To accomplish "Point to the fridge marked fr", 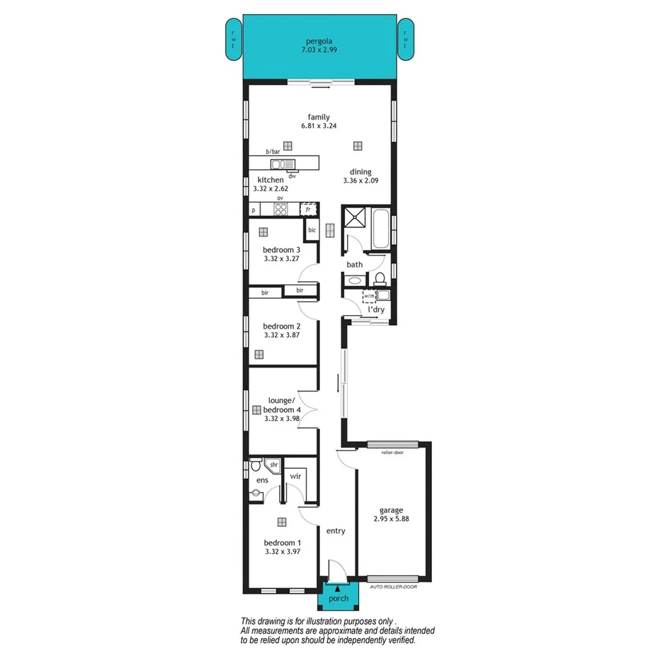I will pyautogui.click(x=307, y=210).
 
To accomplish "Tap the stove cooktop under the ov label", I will pyautogui.click(x=280, y=210).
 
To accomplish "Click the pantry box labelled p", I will pyautogui.click(x=254, y=210).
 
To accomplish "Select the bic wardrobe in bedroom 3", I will pyautogui.click(x=311, y=229).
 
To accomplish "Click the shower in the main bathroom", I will pyautogui.click(x=355, y=219).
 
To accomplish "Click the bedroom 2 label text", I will pyautogui.click(x=282, y=326).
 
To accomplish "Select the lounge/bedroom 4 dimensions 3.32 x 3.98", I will pyautogui.click(x=282, y=419).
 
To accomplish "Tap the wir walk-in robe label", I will pyautogui.click(x=295, y=476).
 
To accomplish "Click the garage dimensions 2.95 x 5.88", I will pyautogui.click(x=391, y=518).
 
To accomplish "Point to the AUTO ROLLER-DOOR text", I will pyautogui.click(x=394, y=586).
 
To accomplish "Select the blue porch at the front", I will pyautogui.click(x=338, y=598).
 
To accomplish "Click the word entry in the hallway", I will pyautogui.click(x=336, y=530).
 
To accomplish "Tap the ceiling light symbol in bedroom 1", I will pyautogui.click(x=282, y=523).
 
